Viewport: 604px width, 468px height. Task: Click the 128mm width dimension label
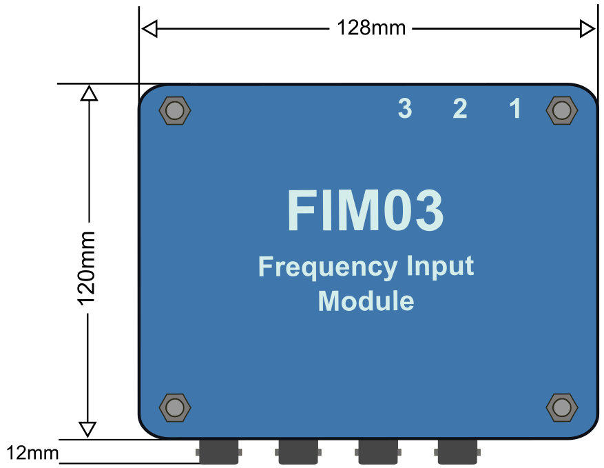371,28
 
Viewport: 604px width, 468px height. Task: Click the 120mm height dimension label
87,268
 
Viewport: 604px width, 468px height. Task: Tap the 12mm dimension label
32,453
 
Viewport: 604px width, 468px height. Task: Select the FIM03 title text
365,210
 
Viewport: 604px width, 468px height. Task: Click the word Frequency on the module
328,267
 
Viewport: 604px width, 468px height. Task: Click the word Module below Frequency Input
366,301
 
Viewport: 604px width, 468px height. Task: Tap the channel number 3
405,108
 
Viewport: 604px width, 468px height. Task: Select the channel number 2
460,108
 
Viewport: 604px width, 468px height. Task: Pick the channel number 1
516,108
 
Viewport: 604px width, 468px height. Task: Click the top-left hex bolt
175,111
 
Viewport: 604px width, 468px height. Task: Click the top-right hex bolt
561,111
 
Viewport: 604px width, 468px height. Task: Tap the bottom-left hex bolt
175,407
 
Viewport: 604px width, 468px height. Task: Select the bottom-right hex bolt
561,407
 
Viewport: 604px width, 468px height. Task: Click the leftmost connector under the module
218,452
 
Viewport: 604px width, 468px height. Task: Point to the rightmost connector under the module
457,452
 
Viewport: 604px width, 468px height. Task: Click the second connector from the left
298,452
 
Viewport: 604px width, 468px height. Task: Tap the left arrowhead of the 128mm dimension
149,29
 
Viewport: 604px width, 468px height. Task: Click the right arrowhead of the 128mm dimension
587,29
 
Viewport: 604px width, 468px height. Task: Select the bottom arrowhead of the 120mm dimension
87,429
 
